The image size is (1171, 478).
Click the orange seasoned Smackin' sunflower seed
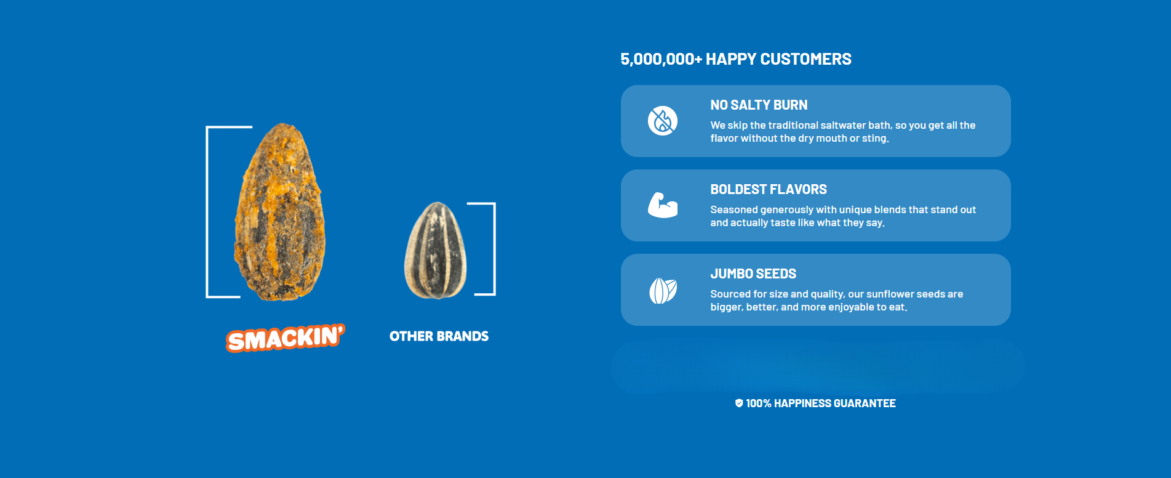click(x=280, y=212)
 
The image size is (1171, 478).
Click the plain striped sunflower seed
click(x=436, y=251)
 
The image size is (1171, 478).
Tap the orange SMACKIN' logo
click(x=286, y=338)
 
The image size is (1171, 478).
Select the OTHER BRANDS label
click(x=439, y=336)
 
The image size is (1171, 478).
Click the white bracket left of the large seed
click(x=207, y=212)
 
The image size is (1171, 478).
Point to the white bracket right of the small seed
click(x=494, y=249)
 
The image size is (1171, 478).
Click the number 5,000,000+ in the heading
click(x=661, y=59)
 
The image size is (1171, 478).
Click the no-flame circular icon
click(x=663, y=121)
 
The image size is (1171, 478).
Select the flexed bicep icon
click(x=663, y=205)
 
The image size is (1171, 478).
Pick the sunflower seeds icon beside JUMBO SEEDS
click(x=663, y=290)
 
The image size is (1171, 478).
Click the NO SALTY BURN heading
click(x=759, y=105)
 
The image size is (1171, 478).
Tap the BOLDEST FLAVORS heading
click(x=769, y=190)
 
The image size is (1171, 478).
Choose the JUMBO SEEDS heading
click(x=753, y=274)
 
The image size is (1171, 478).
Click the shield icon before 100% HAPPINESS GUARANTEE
click(x=739, y=403)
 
